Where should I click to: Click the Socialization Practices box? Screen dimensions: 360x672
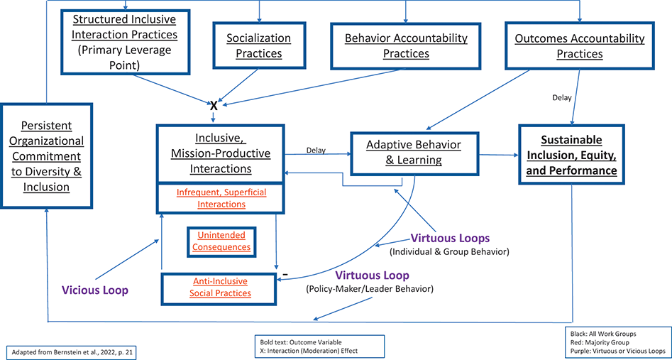click(x=258, y=45)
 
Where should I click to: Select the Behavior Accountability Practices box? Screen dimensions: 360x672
click(x=405, y=45)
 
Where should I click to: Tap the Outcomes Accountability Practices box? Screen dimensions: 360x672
click(x=580, y=45)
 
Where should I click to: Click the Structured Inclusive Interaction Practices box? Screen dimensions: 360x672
click(x=126, y=40)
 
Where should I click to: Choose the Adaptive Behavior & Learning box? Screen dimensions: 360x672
click(x=414, y=153)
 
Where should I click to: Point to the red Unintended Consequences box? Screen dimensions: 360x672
click(x=221, y=241)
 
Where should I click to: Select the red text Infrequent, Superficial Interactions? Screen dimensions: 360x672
click(x=220, y=198)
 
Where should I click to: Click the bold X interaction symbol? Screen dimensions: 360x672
click(x=214, y=105)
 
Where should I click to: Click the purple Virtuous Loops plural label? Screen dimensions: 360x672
click(x=449, y=239)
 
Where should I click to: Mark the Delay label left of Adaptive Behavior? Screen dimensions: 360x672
click(x=316, y=150)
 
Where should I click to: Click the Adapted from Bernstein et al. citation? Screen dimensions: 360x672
click(x=70, y=351)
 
